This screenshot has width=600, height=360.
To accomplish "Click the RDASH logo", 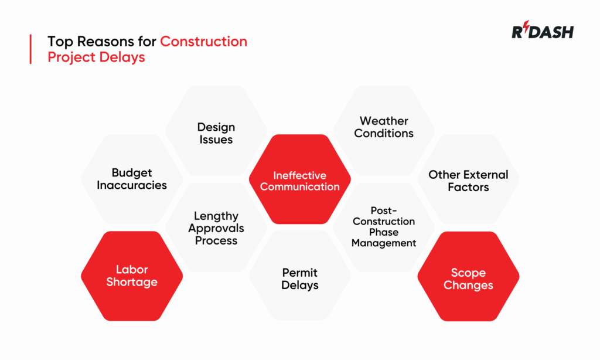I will point(542,32).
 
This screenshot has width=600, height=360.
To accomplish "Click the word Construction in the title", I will point(203,42).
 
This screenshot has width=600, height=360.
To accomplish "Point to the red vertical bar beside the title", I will point(30,49).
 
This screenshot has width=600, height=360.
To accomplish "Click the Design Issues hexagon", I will point(216,133).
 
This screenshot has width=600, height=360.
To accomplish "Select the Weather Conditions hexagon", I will point(384,127).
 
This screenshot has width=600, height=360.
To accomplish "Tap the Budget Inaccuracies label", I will point(132,179).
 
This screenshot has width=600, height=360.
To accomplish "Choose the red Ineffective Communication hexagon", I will point(300,181).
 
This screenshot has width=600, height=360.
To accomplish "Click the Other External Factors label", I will point(468,181).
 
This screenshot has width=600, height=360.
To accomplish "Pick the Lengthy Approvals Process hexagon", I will point(216,228).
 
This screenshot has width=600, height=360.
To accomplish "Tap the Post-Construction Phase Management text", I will point(384,226).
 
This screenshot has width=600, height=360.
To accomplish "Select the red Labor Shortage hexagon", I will point(132,276).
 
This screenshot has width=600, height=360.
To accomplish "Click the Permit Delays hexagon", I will point(300,279).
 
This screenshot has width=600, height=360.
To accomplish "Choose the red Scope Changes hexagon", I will point(468,279).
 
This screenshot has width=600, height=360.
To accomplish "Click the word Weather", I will point(384,121).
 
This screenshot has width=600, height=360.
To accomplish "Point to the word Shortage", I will point(132,282).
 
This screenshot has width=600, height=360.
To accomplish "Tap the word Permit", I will point(300,273).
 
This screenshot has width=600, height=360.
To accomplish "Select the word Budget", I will point(132,172).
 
